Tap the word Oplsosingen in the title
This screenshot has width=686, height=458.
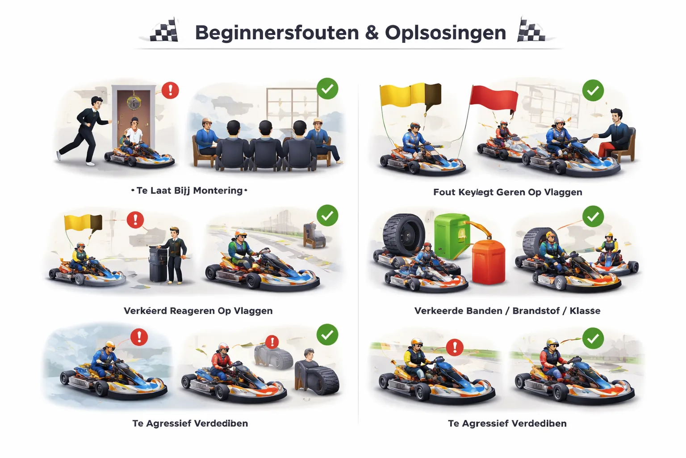[x=445, y=33]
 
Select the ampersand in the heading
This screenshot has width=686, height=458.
[x=372, y=33]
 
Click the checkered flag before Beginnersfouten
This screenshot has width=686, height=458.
[x=164, y=31]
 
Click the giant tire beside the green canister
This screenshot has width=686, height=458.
[x=404, y=234]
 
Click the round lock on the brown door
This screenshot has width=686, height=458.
[x=134, y=102]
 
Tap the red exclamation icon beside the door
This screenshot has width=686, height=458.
[x=170, y=90]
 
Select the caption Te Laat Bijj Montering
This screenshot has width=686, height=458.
[x=189, y=191]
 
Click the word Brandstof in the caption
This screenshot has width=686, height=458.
[x=536, y=311]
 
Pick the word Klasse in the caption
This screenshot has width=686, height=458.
[x=585, y=311]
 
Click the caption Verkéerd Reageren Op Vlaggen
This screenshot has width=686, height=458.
[x=198, y=311]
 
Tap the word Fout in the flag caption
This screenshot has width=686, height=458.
[x=444, y=192]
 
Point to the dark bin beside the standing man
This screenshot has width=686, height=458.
[x=158, y=264]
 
